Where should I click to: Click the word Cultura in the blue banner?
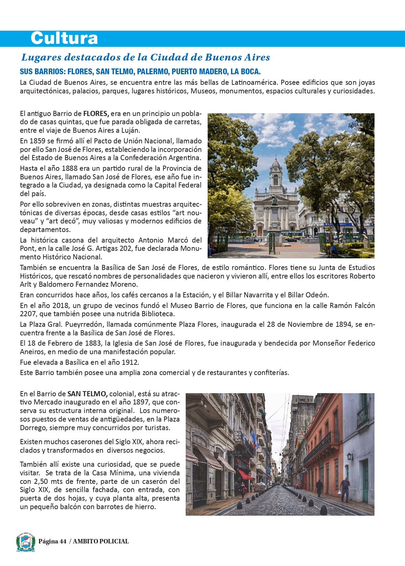(64, 38)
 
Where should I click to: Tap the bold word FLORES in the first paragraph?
(96, 114)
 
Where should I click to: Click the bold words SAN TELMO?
(87, 394)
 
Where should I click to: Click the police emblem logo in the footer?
(26, 542)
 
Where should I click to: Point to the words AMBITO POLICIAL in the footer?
(101, 541)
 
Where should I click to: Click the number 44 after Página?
(63, 541)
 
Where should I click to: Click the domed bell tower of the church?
(275, 171)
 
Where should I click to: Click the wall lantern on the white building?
(349, 456)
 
